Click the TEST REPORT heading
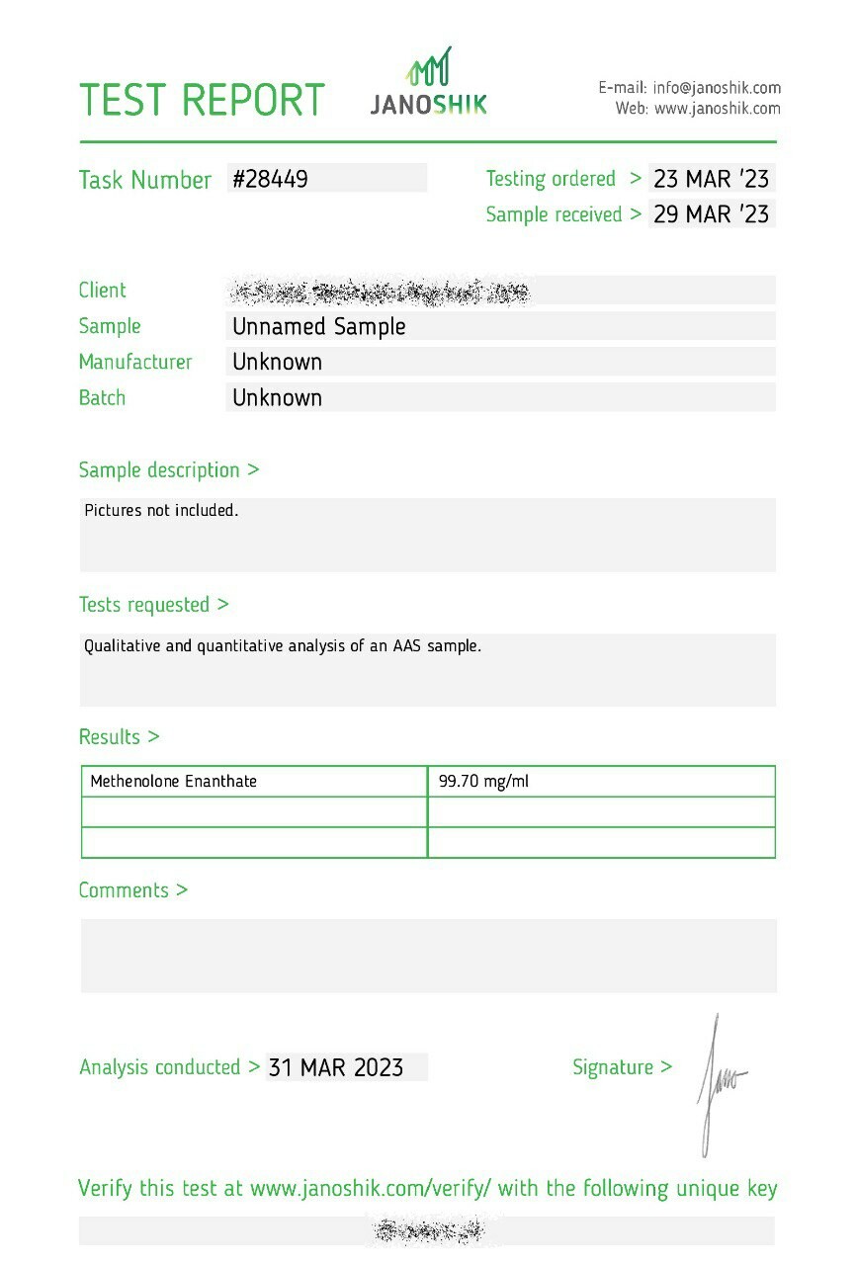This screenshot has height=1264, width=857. click(x=202, y=100)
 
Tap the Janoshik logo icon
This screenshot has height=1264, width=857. click(x=429, y=69)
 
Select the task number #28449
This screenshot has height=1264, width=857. click(x=270, y=179)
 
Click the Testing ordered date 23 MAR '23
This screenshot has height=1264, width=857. click(x=711, y=179)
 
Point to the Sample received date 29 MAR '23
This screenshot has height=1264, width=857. click(x=711, y=214)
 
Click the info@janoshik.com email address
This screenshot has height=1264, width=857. click(x=717, y=88)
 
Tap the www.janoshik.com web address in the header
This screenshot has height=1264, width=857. click(x=717, y=109)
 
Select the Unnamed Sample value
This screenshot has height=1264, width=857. click(x=318, y=326)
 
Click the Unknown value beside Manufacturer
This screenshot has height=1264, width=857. click(x=277, y=362)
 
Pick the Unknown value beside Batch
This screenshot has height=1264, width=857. click(x=277, y=397)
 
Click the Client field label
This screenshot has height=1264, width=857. click(x=103, y=291)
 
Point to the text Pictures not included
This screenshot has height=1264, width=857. click(x=161, y=511)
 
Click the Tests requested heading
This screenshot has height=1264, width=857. click(x=153, y=604)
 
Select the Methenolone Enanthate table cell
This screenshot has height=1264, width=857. click(x=173, y=781)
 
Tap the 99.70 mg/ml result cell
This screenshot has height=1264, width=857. click(x=483, y=781)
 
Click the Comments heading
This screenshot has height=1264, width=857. click(x=132, y=889)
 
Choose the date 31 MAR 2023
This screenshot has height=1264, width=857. click(x=336, y=1067)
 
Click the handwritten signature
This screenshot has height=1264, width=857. click(x=719, y=1082)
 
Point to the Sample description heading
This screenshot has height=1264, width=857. click(x=168, y=469)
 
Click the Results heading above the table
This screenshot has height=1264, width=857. click(x=119, y=736)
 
